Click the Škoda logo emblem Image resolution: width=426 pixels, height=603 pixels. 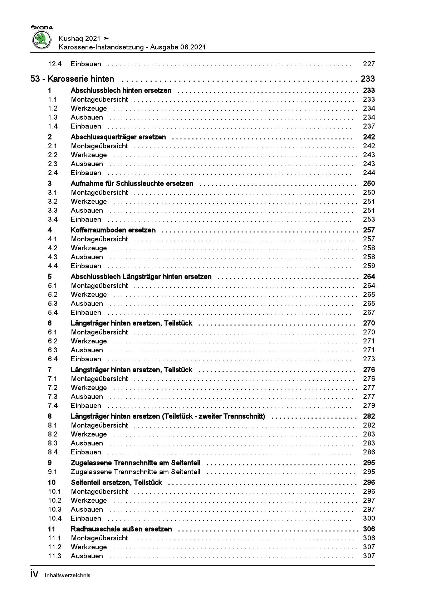42,39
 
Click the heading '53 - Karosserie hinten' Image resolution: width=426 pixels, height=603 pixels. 72,79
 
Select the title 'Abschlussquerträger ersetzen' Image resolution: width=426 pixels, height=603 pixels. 118,137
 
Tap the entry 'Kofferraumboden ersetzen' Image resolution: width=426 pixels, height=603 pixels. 113,230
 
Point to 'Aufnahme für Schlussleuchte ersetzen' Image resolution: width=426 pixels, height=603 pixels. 132,183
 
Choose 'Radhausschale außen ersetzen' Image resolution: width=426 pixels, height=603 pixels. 121,529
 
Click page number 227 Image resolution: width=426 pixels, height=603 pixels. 369,64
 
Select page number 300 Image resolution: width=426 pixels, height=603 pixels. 369,518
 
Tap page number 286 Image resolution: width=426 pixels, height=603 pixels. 369,452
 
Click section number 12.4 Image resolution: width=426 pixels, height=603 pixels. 55,64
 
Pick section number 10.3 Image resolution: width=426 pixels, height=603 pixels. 55,509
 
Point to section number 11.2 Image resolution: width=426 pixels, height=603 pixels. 55,547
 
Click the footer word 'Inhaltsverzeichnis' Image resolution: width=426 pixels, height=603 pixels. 68,575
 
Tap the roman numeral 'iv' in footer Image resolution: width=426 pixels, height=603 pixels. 34,574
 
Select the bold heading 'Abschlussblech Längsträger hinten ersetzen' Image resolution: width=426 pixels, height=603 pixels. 141,276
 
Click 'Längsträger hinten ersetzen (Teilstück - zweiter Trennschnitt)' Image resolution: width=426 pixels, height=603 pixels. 168,416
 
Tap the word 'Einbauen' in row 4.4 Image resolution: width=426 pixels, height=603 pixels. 86,266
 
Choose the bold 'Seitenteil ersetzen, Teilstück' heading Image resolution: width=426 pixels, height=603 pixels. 116,482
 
